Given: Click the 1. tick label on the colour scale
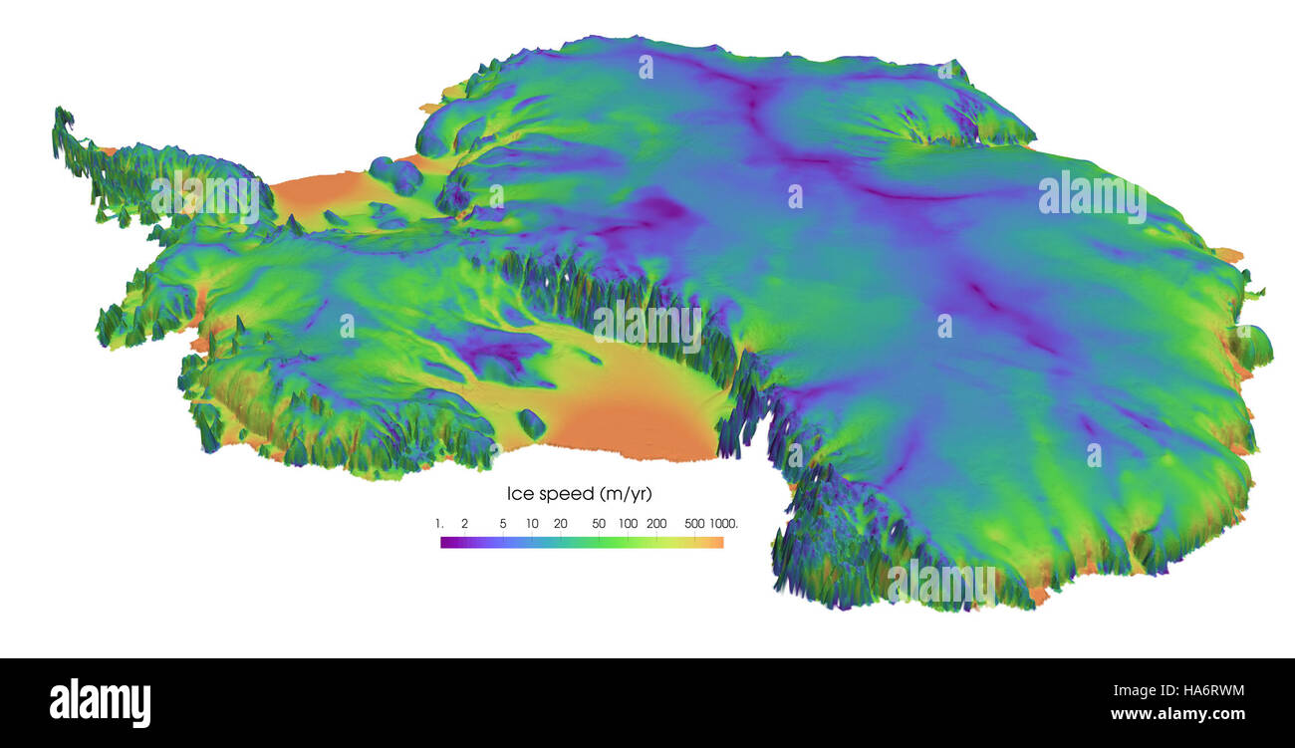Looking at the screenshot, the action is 438,523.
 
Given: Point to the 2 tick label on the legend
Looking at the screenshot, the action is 464,523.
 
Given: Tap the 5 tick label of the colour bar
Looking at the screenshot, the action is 503,523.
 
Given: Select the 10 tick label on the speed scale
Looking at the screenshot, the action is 532,523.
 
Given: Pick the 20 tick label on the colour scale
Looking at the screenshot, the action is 561,523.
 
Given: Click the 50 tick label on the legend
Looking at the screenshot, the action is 599,523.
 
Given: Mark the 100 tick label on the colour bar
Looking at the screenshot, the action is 628,523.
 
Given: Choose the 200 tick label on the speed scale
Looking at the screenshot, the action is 656,523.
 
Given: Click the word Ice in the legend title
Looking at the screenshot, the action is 520,494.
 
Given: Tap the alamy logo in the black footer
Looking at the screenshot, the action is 100,703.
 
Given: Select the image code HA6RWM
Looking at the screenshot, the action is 1200,691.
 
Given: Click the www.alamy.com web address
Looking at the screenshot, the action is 1177,714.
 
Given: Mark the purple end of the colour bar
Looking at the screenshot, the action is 444,543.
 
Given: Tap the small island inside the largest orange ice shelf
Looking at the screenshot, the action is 531,424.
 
